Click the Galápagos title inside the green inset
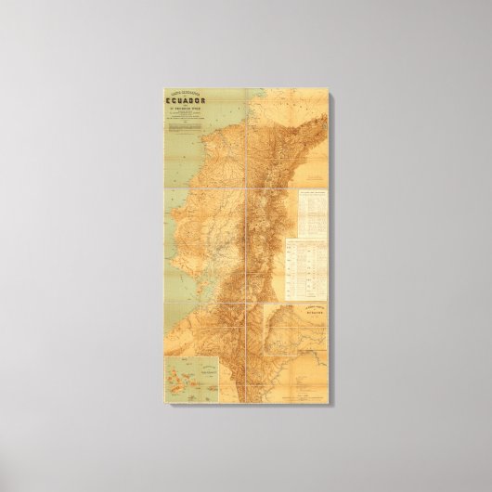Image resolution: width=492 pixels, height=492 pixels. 189,368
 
